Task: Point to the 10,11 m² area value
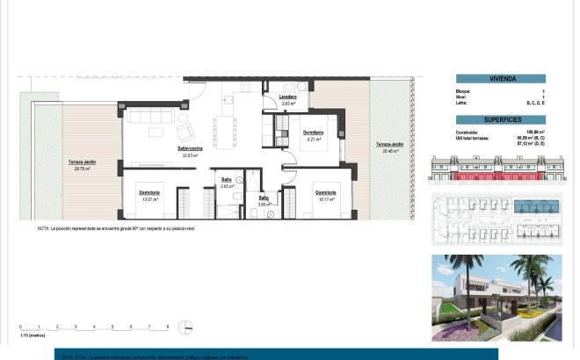(x=326, y=198)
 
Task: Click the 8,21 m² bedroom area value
(x=314, y=138)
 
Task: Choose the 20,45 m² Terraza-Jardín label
(x=390, y=151)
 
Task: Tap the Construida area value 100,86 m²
(x=534, y=132)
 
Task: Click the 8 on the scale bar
(x=168, y=327)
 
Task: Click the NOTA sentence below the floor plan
(x=115, y=228)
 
